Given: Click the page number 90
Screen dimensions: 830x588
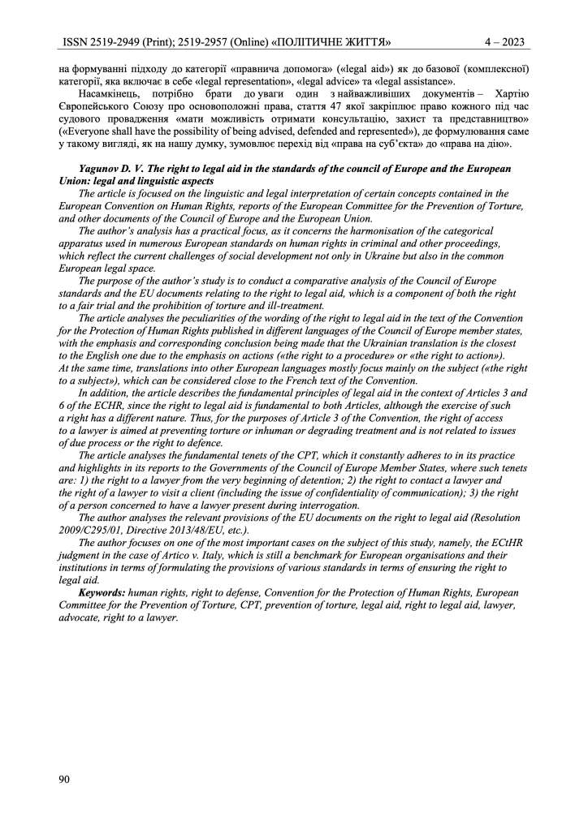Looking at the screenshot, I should [x=64, y=780].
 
